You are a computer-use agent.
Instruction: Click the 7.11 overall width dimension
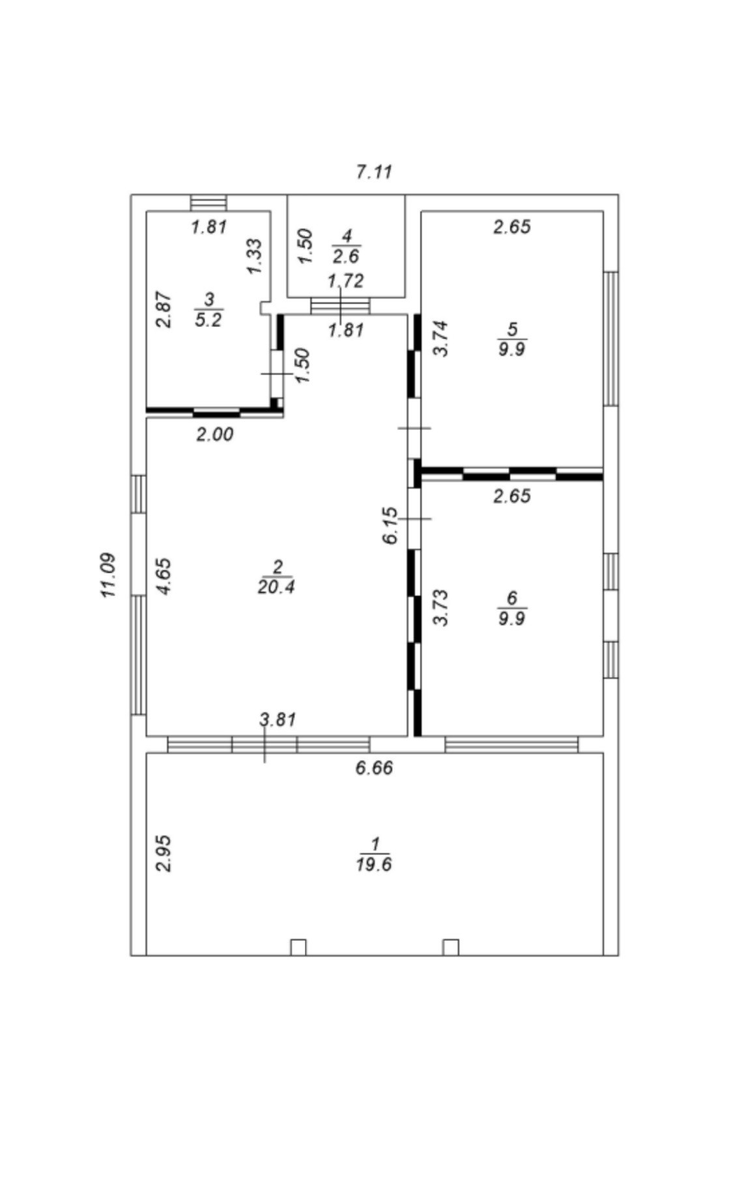pos(374,172)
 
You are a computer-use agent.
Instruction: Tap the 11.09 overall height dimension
pos(108,575)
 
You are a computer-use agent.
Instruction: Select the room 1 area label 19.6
pos(373,864)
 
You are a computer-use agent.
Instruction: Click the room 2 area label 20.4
pos(276,587)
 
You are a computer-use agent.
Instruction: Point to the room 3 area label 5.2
pos(208,319)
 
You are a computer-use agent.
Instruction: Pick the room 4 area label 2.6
pos(346,255)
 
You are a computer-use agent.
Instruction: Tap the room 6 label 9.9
pos(511,617)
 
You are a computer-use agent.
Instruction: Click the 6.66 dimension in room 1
pos(374,768)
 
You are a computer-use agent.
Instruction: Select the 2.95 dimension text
pos(164,853)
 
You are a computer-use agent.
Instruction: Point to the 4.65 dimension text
pos(164,575)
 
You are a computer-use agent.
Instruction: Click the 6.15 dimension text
pos(390,526)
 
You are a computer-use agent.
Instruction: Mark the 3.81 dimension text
pos(278,719)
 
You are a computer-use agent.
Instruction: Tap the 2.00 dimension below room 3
pos(215,434)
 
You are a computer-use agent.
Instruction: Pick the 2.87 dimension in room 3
pos(165,309)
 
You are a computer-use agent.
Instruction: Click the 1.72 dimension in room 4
pos(346,281)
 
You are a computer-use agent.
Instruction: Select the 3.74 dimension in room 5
pos(441,338)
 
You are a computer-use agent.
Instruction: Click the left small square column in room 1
pos(298,947)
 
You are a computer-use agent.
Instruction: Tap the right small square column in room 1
pos(450,947)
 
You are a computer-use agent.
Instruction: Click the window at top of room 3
pos(208,203)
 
